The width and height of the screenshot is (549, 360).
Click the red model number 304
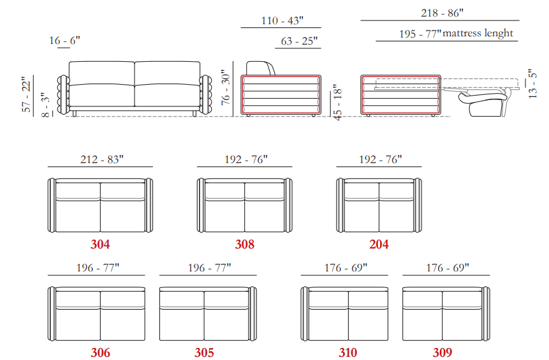(100, 244)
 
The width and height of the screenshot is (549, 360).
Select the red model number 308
(244, 244)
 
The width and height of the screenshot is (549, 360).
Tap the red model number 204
(379, 244)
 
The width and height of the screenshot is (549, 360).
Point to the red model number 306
(100, 352)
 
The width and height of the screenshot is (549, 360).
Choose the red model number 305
(204, 352)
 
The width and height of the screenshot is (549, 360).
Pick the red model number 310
(348, 352)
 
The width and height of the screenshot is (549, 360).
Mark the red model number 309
(443, 352)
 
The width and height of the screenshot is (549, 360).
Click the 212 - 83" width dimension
(102, 159)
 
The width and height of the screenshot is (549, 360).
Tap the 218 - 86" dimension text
(443, 13)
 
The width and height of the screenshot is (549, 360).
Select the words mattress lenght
(478, 34)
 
